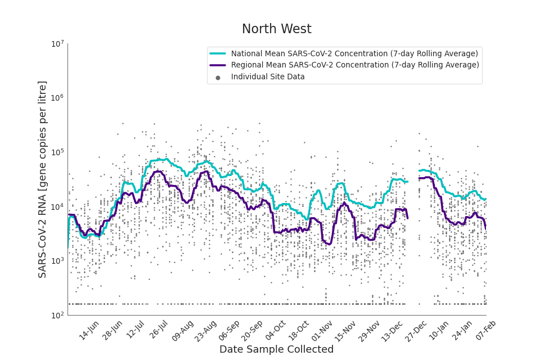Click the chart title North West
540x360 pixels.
pos(276,29)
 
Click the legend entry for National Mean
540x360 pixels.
pos(354,53)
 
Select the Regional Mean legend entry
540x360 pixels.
pos(355,65)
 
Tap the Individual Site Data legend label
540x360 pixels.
pos(268,77)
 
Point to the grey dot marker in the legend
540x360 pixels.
pos(218,78)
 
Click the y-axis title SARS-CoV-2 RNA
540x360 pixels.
pos(43,179)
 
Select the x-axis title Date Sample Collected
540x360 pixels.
pos(276,349)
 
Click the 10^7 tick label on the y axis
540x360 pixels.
pos(57,44)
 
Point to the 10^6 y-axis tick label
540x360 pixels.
pos(57,98)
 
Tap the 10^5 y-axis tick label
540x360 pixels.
pos(57,152)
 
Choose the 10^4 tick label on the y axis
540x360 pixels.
pos(57,206)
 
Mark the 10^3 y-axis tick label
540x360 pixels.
pos(57,261)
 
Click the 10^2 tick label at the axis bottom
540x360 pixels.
pos(57,315)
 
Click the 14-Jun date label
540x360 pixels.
pos(89,330)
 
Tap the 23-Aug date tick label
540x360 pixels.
pos(206,330)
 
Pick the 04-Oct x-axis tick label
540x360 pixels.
pos(276,330)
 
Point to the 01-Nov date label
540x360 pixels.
pos(323,330)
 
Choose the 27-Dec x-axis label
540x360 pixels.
pos(417,330)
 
